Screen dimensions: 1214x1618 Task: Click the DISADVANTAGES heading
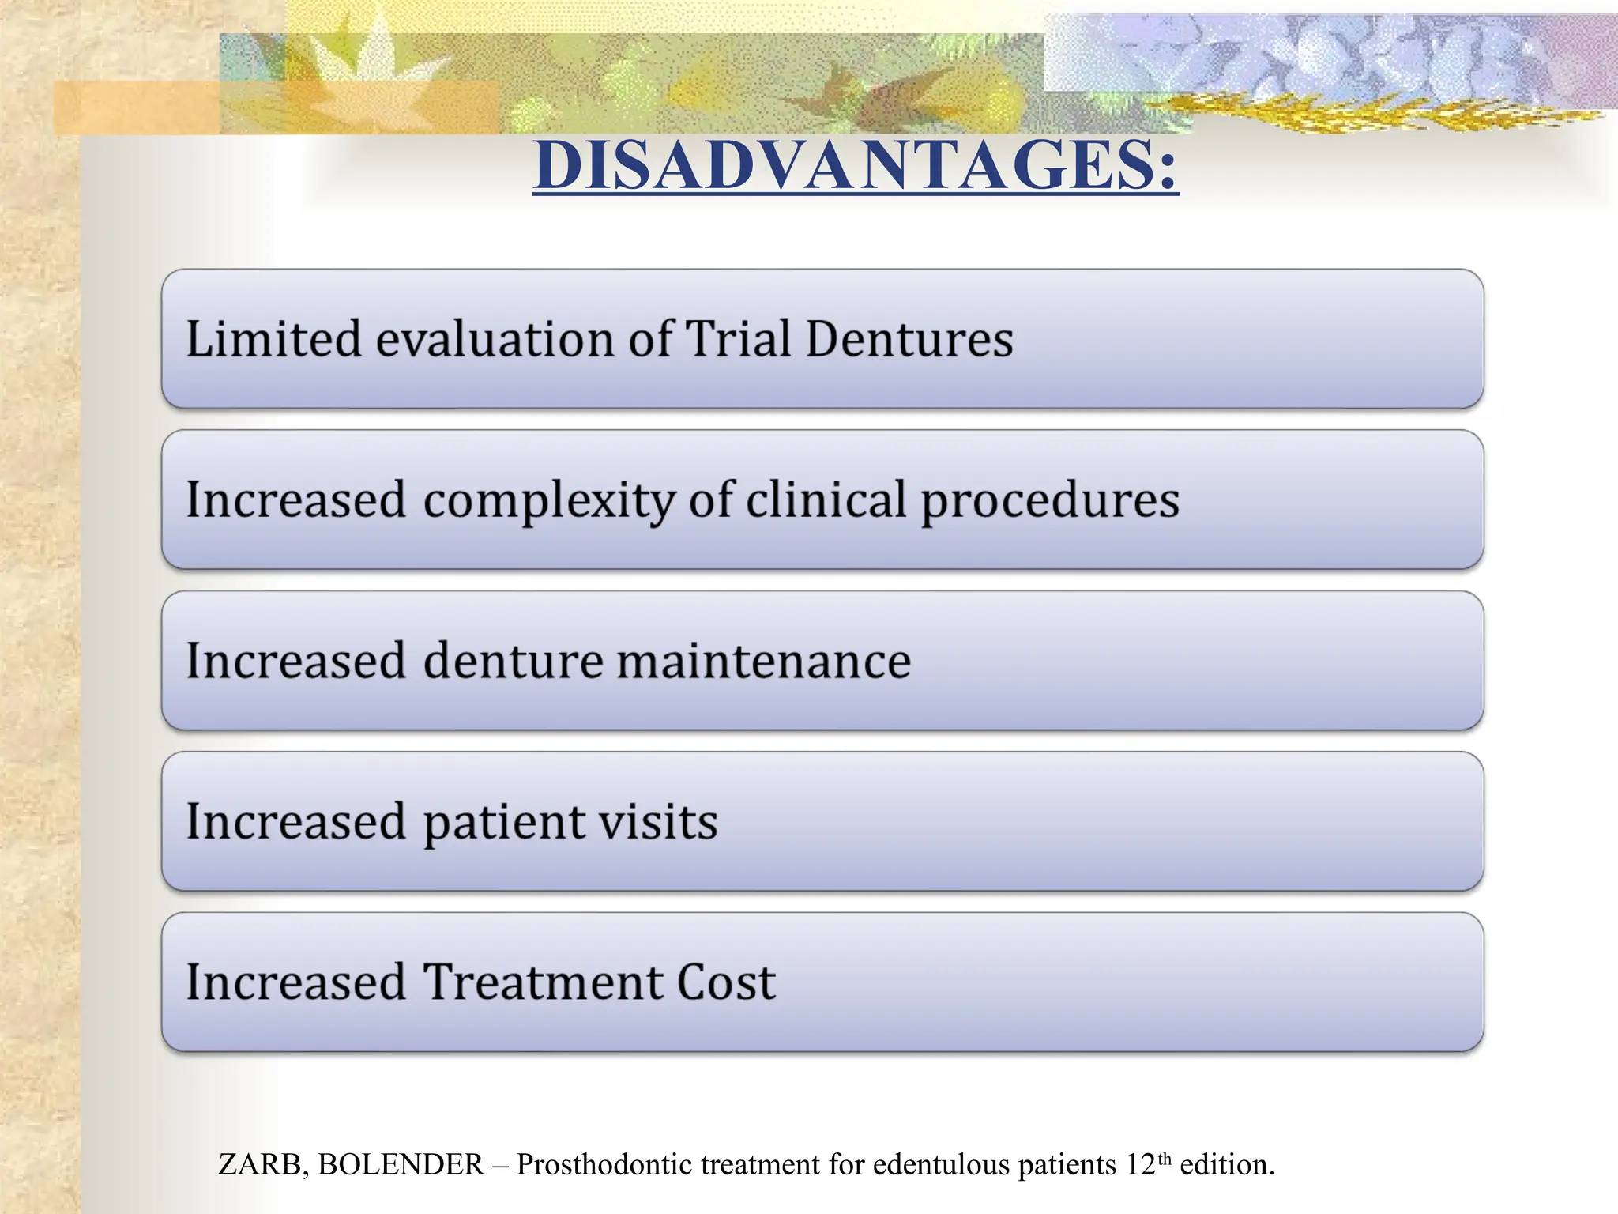[855, 165]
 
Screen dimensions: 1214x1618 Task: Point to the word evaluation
[495, 339]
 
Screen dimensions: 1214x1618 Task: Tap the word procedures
[1050, 501]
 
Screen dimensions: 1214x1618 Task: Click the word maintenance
[763, 661]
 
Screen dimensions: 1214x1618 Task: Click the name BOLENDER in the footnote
[401, 1165]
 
